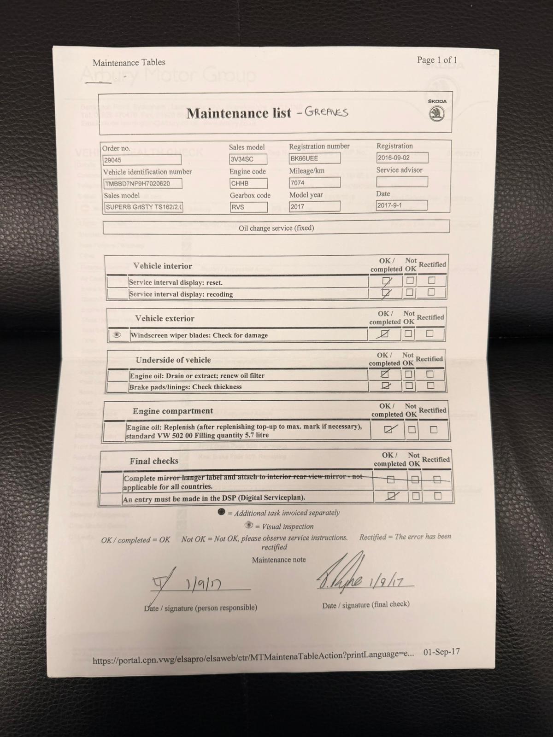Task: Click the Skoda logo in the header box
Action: pos(436,114)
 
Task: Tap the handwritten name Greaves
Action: pos(326,112)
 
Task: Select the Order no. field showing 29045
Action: pos(141,160)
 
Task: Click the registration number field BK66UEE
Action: pos(314,158)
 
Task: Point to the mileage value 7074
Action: pos(314,183)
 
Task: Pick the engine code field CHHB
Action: pos(248,183)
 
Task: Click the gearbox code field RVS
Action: pos(248,207)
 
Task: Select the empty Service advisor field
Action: pos(401,182)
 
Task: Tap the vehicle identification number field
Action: pos(143,184)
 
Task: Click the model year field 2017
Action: pos(314,207)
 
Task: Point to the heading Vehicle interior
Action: pos(162,266)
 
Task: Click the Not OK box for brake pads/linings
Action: pos(408,386)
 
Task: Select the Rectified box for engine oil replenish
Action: pos(433,429)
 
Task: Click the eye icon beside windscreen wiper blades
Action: pos(117,335)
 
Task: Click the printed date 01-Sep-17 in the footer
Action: pos(441,653)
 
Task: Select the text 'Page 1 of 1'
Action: pos(437,60)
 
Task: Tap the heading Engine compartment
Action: pos(172,411)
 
